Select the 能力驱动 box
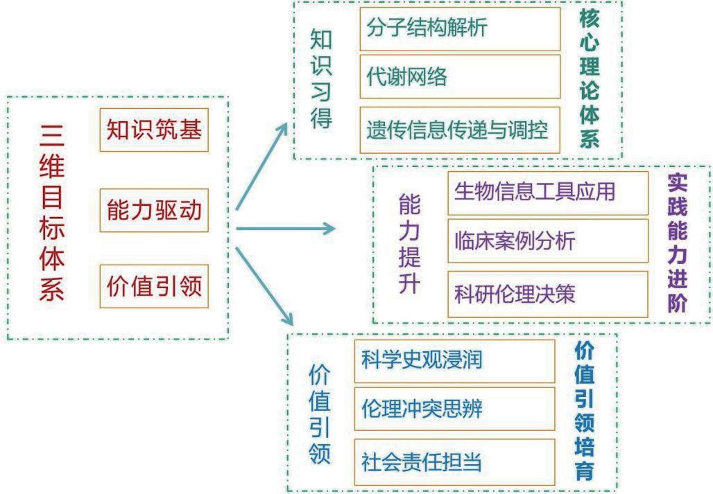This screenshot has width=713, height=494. click(154, 209)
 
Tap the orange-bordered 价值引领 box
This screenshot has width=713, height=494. click(154, 286)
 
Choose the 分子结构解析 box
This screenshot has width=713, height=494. click(460, 28)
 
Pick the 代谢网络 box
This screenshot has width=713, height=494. click(460, 78)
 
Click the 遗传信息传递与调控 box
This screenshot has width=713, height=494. click(460, 130)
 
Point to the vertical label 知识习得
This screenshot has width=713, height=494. click(321, 79)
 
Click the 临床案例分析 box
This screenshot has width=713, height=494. click(547, 241)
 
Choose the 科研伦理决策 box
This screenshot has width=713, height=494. click(547, 294)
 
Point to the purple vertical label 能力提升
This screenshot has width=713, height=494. click(409, 245)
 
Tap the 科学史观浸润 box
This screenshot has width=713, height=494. click(454, 360)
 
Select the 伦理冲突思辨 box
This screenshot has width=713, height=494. click(454, 409)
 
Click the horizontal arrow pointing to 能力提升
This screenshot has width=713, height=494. click(285, 228)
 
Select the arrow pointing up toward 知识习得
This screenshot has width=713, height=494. click(263, 166)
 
